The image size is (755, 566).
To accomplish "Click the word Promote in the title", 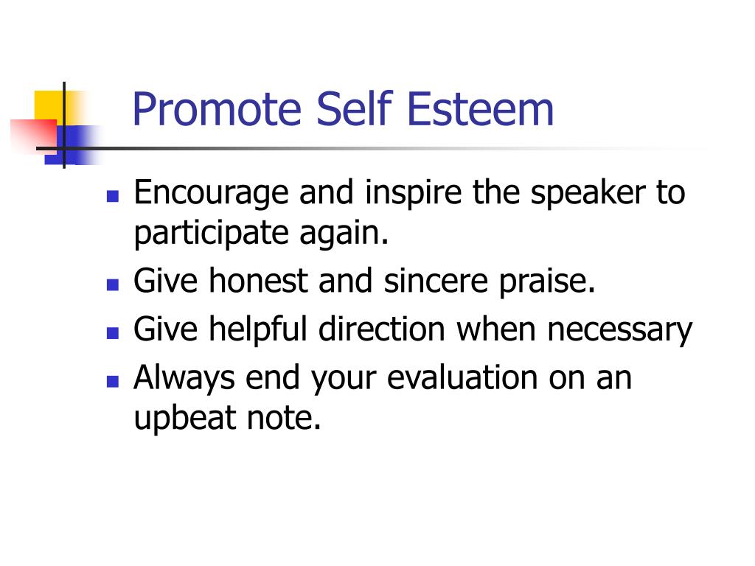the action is (218, 110).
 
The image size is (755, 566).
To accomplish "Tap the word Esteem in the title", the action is (481, 109).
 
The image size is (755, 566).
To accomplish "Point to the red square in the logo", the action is (33, 136).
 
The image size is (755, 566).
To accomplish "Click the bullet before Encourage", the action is (113, 196).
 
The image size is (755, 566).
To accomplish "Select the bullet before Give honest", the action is (113, 284).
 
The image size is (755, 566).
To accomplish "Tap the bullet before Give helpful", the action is (113, 333).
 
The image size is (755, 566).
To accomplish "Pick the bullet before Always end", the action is (113, 381).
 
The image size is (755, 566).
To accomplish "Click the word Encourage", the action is (211, 194).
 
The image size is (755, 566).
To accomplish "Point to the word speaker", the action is (588, 194).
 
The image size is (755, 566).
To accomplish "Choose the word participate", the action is (211, 234).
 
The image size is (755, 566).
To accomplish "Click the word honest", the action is (258, 281).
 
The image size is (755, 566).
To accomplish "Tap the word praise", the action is (547, 282).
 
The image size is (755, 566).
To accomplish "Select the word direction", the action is (381, 329).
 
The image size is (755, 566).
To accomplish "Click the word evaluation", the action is (462, 377).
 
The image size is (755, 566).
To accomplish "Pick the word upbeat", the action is (184, 419).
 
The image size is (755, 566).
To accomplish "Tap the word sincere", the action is (436, 282).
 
